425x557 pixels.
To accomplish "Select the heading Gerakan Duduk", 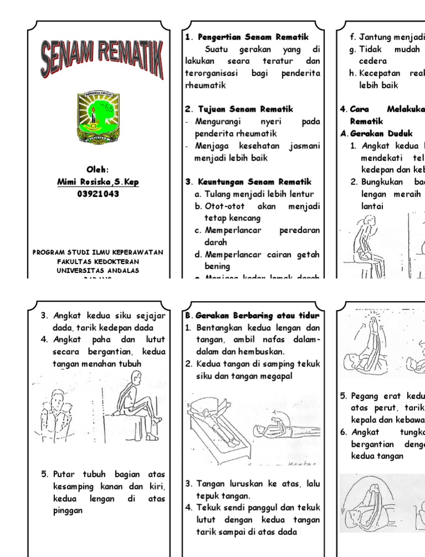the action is point(377,133).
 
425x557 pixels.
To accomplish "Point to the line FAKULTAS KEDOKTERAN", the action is point(98,261).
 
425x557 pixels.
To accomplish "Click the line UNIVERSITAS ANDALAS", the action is point(98,270).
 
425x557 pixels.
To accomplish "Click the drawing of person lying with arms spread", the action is point(213,426).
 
